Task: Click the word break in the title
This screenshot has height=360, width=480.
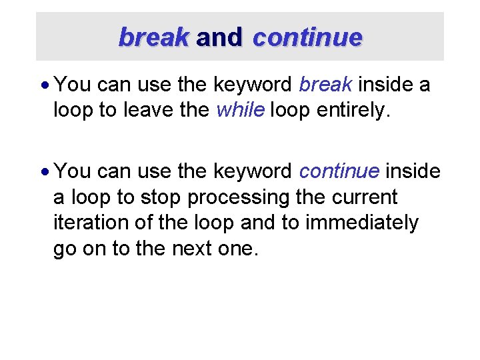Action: pyautogui.click(x=154, y=37)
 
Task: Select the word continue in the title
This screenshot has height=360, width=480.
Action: pyautogui.click(x=307, y=37)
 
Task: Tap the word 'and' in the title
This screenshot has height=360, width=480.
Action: pyautogui.click(x=219, y=37)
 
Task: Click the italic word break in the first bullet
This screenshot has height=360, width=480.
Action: pyautogui.click(x=327, y=85)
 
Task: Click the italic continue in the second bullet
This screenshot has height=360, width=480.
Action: pyautogui.click(x=340, y=171)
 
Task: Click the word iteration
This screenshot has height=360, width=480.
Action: pyautogui.click(x=85, y=223)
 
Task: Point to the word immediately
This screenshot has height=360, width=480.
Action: pyautogui.click(x=362, y=223)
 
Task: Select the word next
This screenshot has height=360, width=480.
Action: pyautogui.click(x=197, y=249)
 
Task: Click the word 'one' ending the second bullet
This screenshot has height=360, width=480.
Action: pyautogui.click(x=240, y=249)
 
